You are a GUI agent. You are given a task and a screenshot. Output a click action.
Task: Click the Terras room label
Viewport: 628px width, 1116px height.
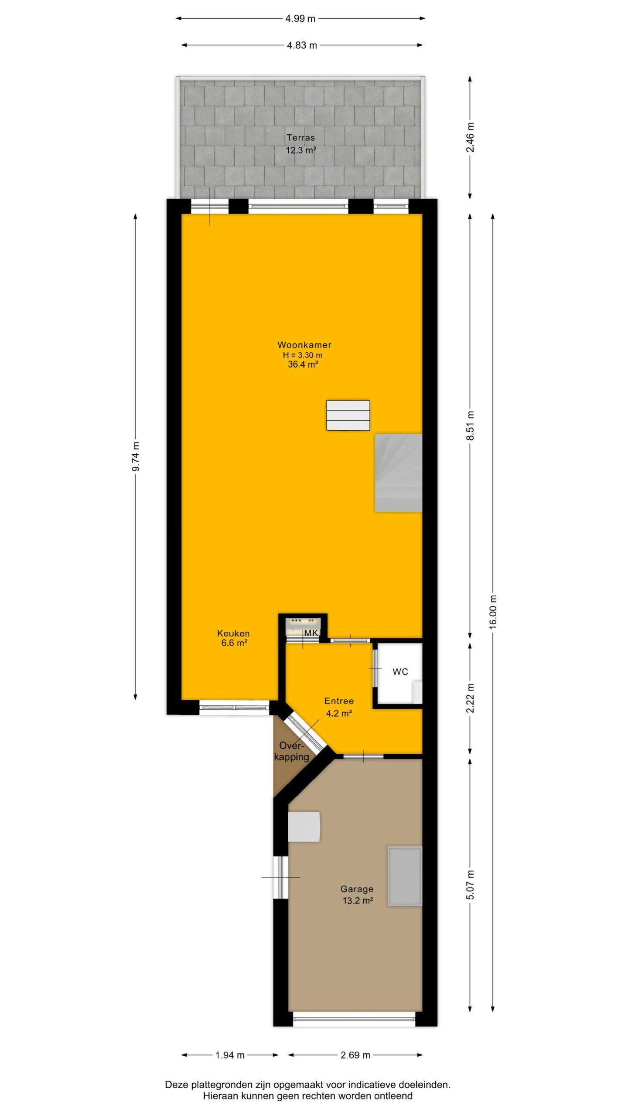pos(300,138)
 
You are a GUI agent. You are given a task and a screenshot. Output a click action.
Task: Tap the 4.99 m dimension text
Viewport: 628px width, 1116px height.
pos(300,18)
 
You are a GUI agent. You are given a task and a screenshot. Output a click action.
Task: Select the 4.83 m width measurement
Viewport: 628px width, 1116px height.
pos(302,45)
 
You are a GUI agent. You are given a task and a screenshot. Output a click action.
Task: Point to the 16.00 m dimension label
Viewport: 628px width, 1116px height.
pos(493,612)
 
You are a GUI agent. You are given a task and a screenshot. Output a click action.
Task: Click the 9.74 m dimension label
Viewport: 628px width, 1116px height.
pos(136,456)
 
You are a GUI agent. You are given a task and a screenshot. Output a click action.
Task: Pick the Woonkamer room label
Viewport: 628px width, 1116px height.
pos(304,345)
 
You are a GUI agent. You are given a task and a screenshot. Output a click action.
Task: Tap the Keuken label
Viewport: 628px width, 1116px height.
pos(233,633)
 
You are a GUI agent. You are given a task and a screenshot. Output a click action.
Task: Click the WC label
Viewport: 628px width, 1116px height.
pos(400,672)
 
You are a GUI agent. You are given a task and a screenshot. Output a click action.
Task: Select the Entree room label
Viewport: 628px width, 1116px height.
pos(339,701)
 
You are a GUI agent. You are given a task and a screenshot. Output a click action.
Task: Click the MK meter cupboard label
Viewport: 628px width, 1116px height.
pos(311,633)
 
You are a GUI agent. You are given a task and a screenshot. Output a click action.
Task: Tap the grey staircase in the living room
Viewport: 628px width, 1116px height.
pos(399,473)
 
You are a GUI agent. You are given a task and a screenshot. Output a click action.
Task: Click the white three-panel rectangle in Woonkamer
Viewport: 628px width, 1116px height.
pos(348,415)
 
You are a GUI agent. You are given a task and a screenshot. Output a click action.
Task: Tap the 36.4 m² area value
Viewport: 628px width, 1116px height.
pos(303,364)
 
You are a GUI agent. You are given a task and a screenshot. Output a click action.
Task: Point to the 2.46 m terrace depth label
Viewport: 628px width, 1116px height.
pos(470,138)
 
